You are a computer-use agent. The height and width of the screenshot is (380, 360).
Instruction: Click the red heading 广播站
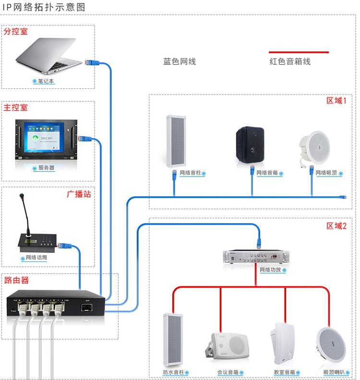click(x=79, y=194)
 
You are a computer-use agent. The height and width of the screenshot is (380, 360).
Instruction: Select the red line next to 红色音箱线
click(x=298, y=52)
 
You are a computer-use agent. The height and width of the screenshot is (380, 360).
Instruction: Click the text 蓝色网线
click(x=180, y=62)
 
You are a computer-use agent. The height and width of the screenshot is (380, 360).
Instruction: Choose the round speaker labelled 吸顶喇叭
click(x=331, y=343)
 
